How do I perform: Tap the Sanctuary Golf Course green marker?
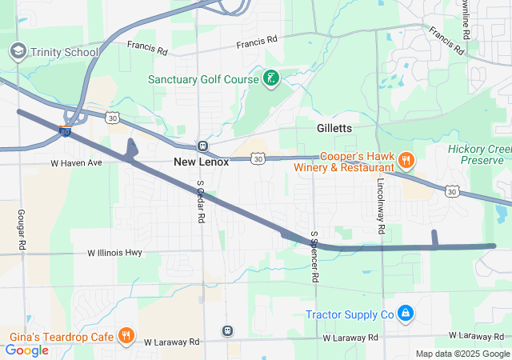tap(272, 78)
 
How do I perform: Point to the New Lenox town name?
tap(201, 162)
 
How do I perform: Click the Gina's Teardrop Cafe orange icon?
tap(126, 335)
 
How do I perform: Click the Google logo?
tap(27, 350)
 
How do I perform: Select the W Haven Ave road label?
tap(76, 163)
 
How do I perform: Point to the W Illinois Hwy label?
tap(114, 253)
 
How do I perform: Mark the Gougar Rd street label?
tap(22, 230)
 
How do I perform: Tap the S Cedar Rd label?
tap(201, 202)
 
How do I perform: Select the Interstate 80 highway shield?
tap(65, 131)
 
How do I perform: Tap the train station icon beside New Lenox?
tap(202, 146)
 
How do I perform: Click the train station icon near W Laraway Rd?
tap(227, 330)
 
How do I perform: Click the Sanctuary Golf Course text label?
tap(203, 79)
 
